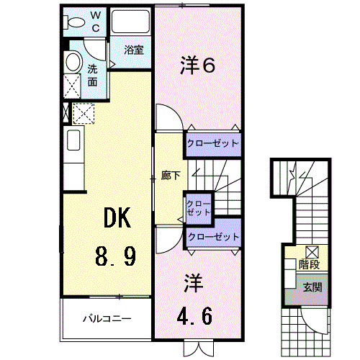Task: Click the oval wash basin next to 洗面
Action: tap(73, 63)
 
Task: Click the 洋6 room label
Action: tap(197, 66)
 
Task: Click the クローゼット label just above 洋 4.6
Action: tap(212, 236)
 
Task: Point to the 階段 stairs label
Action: tap(310, 265)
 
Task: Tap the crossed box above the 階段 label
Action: tap(312, 251)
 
